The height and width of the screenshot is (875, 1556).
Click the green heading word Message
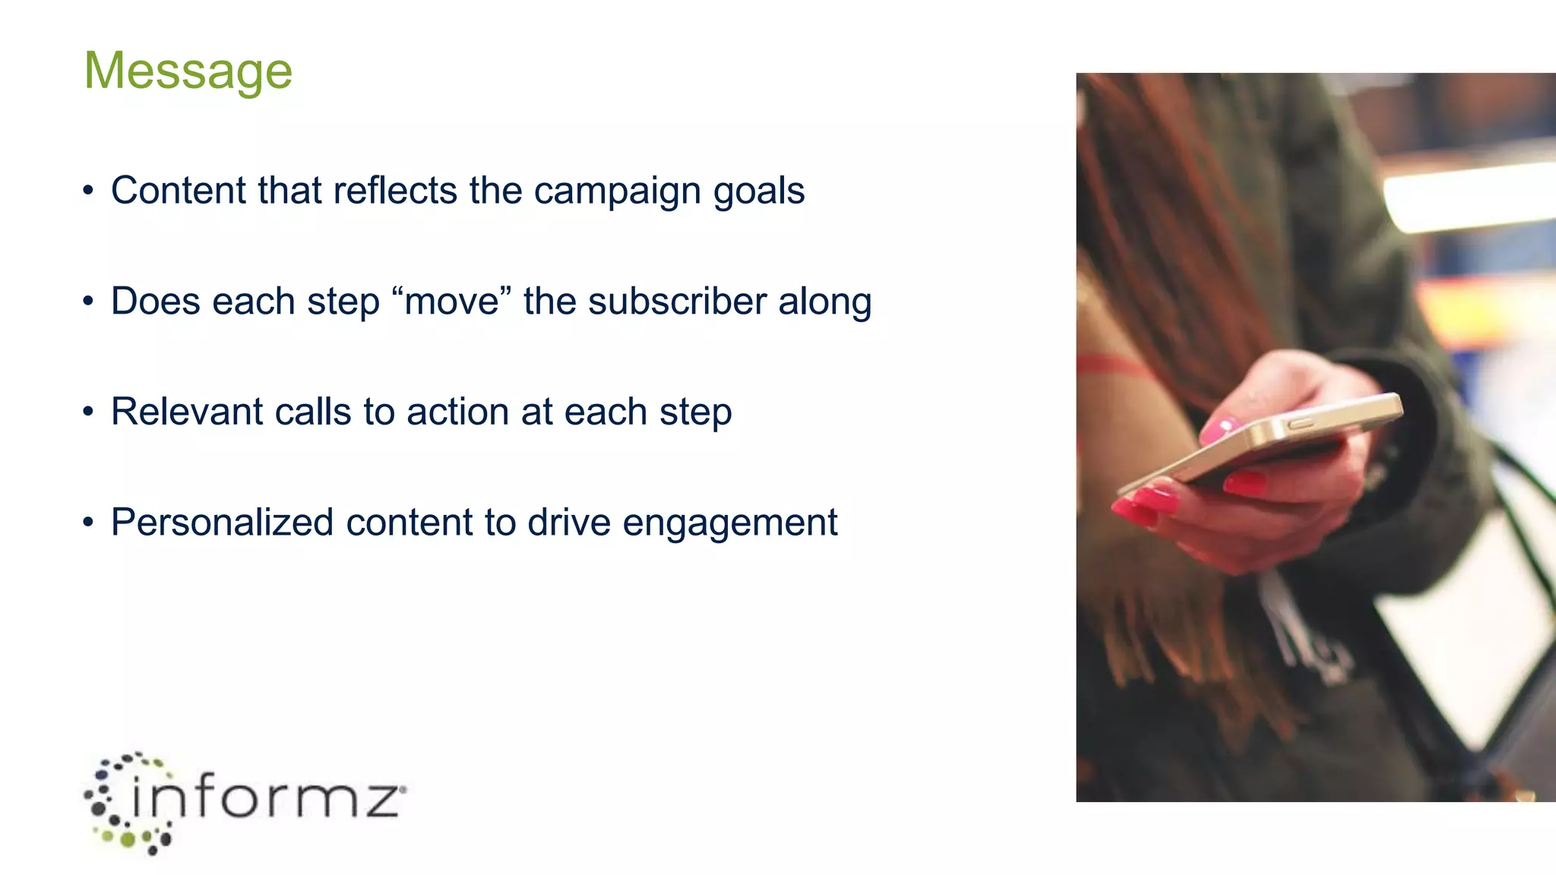coord(188,71)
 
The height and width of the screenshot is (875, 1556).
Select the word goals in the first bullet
coord(758,191)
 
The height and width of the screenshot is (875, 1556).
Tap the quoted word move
coord(452,302)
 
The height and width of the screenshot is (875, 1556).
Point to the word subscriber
coord(677,302)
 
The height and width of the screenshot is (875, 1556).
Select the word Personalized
coord(222,523)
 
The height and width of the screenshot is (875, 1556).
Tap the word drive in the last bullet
coord(569,523)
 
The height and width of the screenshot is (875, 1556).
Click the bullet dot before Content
coord(89,191)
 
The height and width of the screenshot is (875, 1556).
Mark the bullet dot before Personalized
coord(89,523)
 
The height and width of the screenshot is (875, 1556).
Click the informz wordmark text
coord(266,798)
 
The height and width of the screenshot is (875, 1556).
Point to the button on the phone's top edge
coord(1300,422)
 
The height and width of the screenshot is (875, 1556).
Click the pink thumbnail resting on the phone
coord(1217,428)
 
